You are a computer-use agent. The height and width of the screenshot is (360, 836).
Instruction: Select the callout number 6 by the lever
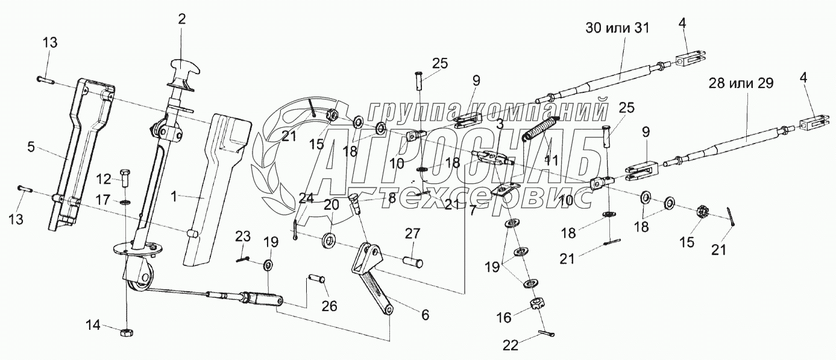click(x=426, y=314)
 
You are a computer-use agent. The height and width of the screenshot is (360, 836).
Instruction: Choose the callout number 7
click(x=472, y=210)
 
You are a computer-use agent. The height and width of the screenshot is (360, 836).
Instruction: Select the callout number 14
click(x=92, y=326)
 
